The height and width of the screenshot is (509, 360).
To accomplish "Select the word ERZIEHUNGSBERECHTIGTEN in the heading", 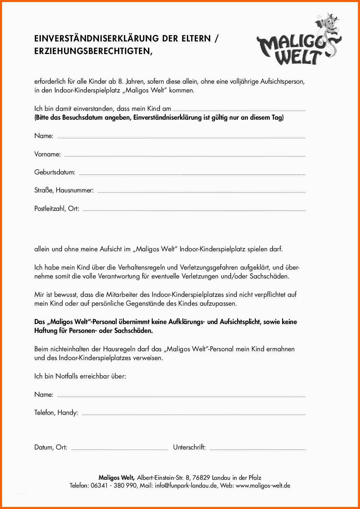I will coord(92,51).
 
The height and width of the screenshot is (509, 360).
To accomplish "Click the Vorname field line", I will coord(185,156).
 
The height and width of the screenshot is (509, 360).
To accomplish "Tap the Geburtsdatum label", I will coord(54,172).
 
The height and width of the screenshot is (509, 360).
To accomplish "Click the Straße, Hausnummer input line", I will coord(201,192).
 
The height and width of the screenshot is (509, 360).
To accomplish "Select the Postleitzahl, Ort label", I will coord(56,209).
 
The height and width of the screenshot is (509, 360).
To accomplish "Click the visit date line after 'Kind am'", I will coord(239,110).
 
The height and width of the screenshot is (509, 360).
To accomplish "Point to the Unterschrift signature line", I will coord(257,449).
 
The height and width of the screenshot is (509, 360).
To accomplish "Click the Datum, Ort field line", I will coord(119,449).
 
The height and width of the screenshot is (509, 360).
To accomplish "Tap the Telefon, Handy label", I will coord(56,413).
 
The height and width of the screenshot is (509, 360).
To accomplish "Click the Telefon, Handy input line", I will coord(193,414).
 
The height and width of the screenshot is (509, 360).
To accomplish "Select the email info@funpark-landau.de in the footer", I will coord(186,486).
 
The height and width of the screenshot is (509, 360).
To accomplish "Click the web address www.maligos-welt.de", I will coord(263,486).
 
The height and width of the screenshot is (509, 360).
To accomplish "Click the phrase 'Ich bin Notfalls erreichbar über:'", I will coord(80,376).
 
